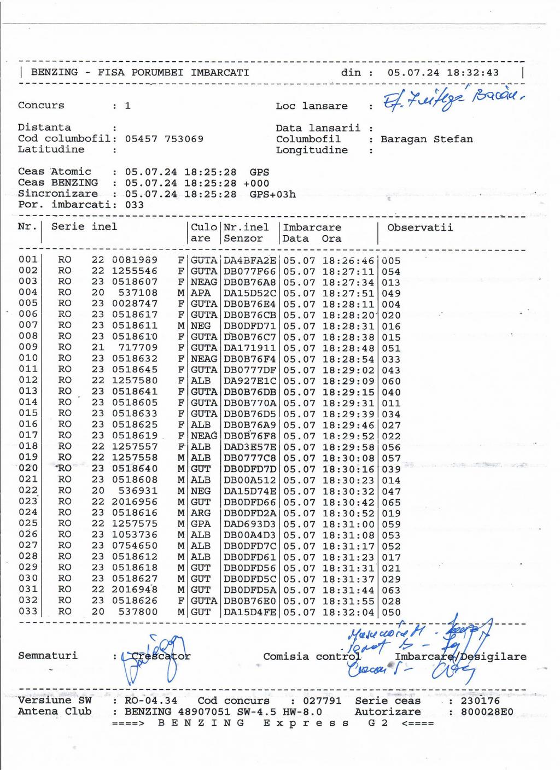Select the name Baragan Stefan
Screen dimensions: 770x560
click(427, 139)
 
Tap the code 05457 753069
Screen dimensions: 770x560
click(164, 139)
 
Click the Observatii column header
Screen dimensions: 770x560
click(420, 227)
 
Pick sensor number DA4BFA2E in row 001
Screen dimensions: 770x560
click(250, 261)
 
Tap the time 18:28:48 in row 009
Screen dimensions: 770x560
click(348, 348)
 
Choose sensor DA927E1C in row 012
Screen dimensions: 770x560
click(250, 381)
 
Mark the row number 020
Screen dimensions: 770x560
click(28, 468)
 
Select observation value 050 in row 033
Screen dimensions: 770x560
click(391, 612)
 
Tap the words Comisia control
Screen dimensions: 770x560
click(312, 657)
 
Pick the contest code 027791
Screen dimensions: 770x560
click(323, 701)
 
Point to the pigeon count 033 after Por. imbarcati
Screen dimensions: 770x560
click(134, 205)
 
